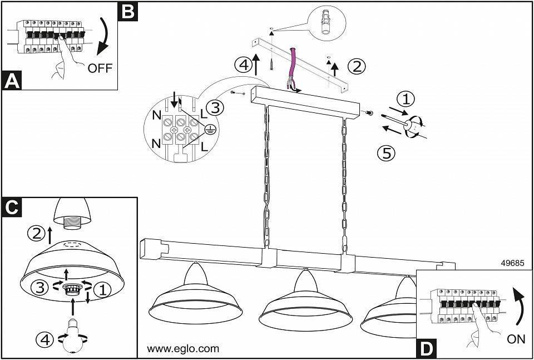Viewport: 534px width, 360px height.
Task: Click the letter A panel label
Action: click(x=12, y=81)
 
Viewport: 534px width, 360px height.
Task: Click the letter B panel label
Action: click(x=128, y=11)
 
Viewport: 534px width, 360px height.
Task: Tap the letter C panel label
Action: click(x=12, y=206)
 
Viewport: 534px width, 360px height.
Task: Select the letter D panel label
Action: click(x=426, y=348)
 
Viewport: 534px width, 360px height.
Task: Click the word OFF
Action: click(x=100, y=68)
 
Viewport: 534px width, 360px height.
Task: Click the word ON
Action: click(x=516, y=339)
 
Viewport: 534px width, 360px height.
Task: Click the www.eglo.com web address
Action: click(x=182, y=349)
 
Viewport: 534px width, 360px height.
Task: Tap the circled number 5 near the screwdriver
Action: click(x=386, y=152)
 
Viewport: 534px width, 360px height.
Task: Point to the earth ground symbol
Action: click(x=210, y=130)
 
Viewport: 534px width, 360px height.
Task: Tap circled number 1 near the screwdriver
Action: click(x=407, y=100)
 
